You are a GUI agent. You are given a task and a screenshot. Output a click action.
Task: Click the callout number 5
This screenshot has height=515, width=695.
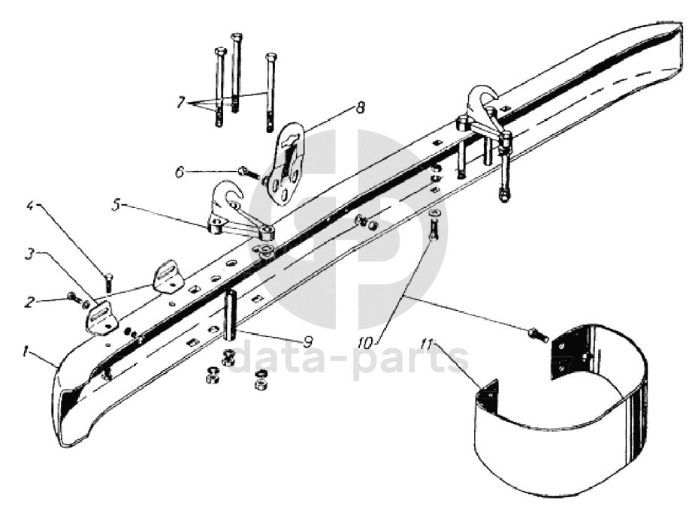pos(115,205)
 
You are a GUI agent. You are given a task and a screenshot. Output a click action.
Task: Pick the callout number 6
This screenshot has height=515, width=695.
pos(180,172)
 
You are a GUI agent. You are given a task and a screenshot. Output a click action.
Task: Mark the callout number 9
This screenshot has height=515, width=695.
pos(307,340)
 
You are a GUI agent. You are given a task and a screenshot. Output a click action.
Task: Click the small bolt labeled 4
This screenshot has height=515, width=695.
pos(109,284)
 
